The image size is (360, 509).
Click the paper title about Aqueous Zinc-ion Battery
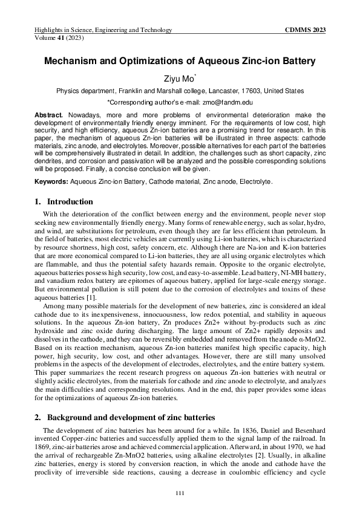tap(180, 61)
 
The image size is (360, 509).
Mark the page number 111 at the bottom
tap(180, 494)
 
